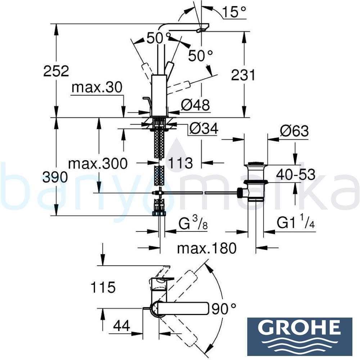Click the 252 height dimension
click(56, 71)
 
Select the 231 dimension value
click(243, 75)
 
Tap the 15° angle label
click(234, 12)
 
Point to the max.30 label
click(97, 87)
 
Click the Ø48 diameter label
click(195, 105)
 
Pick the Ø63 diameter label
click(294, 131)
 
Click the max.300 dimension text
click(98, 164)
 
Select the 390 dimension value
click(55, 177)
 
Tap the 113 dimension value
click(180, 163)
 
